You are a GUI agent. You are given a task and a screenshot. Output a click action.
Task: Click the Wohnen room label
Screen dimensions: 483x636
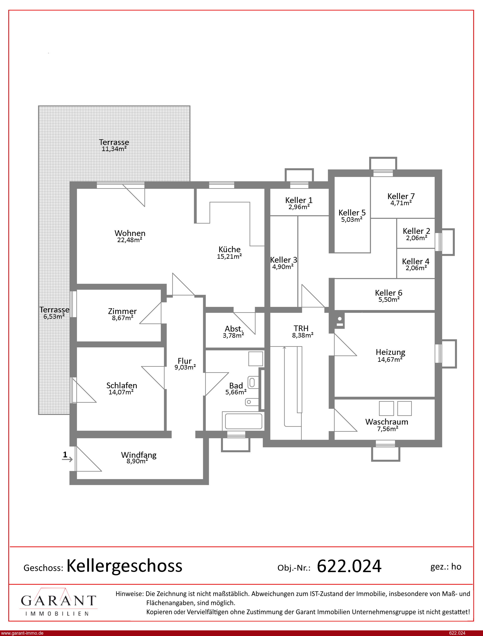[130, 233]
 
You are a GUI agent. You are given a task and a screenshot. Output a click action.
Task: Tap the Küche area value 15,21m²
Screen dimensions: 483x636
[229, 256]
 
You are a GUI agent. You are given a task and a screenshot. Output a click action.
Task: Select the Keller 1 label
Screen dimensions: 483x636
[299, 200]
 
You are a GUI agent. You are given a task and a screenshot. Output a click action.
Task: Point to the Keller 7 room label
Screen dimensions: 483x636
[401, 196]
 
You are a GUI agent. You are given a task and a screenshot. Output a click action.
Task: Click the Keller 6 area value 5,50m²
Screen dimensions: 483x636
[389, 299]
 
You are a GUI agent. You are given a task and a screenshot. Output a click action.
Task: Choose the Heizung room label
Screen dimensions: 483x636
[390, 352]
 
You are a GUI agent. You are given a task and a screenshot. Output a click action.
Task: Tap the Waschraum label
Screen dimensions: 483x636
[387, 422]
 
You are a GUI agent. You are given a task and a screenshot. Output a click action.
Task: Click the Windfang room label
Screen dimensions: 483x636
[139, 455]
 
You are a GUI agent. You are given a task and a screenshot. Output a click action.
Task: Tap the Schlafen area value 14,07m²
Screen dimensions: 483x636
[121, 392]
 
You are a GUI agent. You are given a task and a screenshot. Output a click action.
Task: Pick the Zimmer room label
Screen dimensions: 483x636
[122, 311]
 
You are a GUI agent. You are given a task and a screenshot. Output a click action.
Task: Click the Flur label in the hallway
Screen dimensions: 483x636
[184, 361]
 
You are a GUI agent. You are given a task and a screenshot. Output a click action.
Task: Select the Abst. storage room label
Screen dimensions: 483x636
[234, 328]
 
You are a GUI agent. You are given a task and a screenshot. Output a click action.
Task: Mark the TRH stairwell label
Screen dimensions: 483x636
[301, 328]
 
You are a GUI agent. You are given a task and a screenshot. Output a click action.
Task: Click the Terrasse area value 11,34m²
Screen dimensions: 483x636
[114, 149]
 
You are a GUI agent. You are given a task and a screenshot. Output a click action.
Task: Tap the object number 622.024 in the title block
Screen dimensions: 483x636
[349, 566]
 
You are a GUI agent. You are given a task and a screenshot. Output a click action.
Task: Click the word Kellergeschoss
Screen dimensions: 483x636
[124, 566]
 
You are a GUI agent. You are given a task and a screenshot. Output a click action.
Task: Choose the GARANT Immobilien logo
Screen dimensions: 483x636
[58, 602]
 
